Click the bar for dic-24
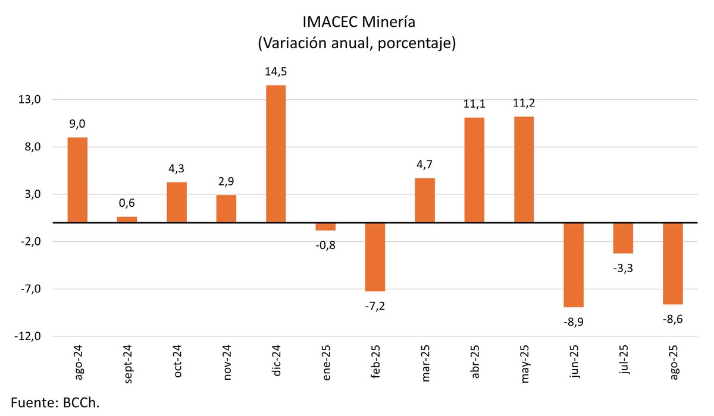coord(275,154)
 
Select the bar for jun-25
coord(574,265)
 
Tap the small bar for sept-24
coord(127,219)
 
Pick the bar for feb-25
coord(375,257)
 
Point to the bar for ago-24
coord(77,180)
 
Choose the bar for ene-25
coord(325,226)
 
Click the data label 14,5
coord(275,72)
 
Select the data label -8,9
coord(574,322)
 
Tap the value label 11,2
coord(524,103)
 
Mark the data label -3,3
coord(623,268)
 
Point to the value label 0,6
coord(127,203)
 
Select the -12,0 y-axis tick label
coord(27,336)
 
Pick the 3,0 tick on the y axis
coord(30,194)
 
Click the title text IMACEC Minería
coord(356,23)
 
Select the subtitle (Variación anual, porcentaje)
coord(356,43)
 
